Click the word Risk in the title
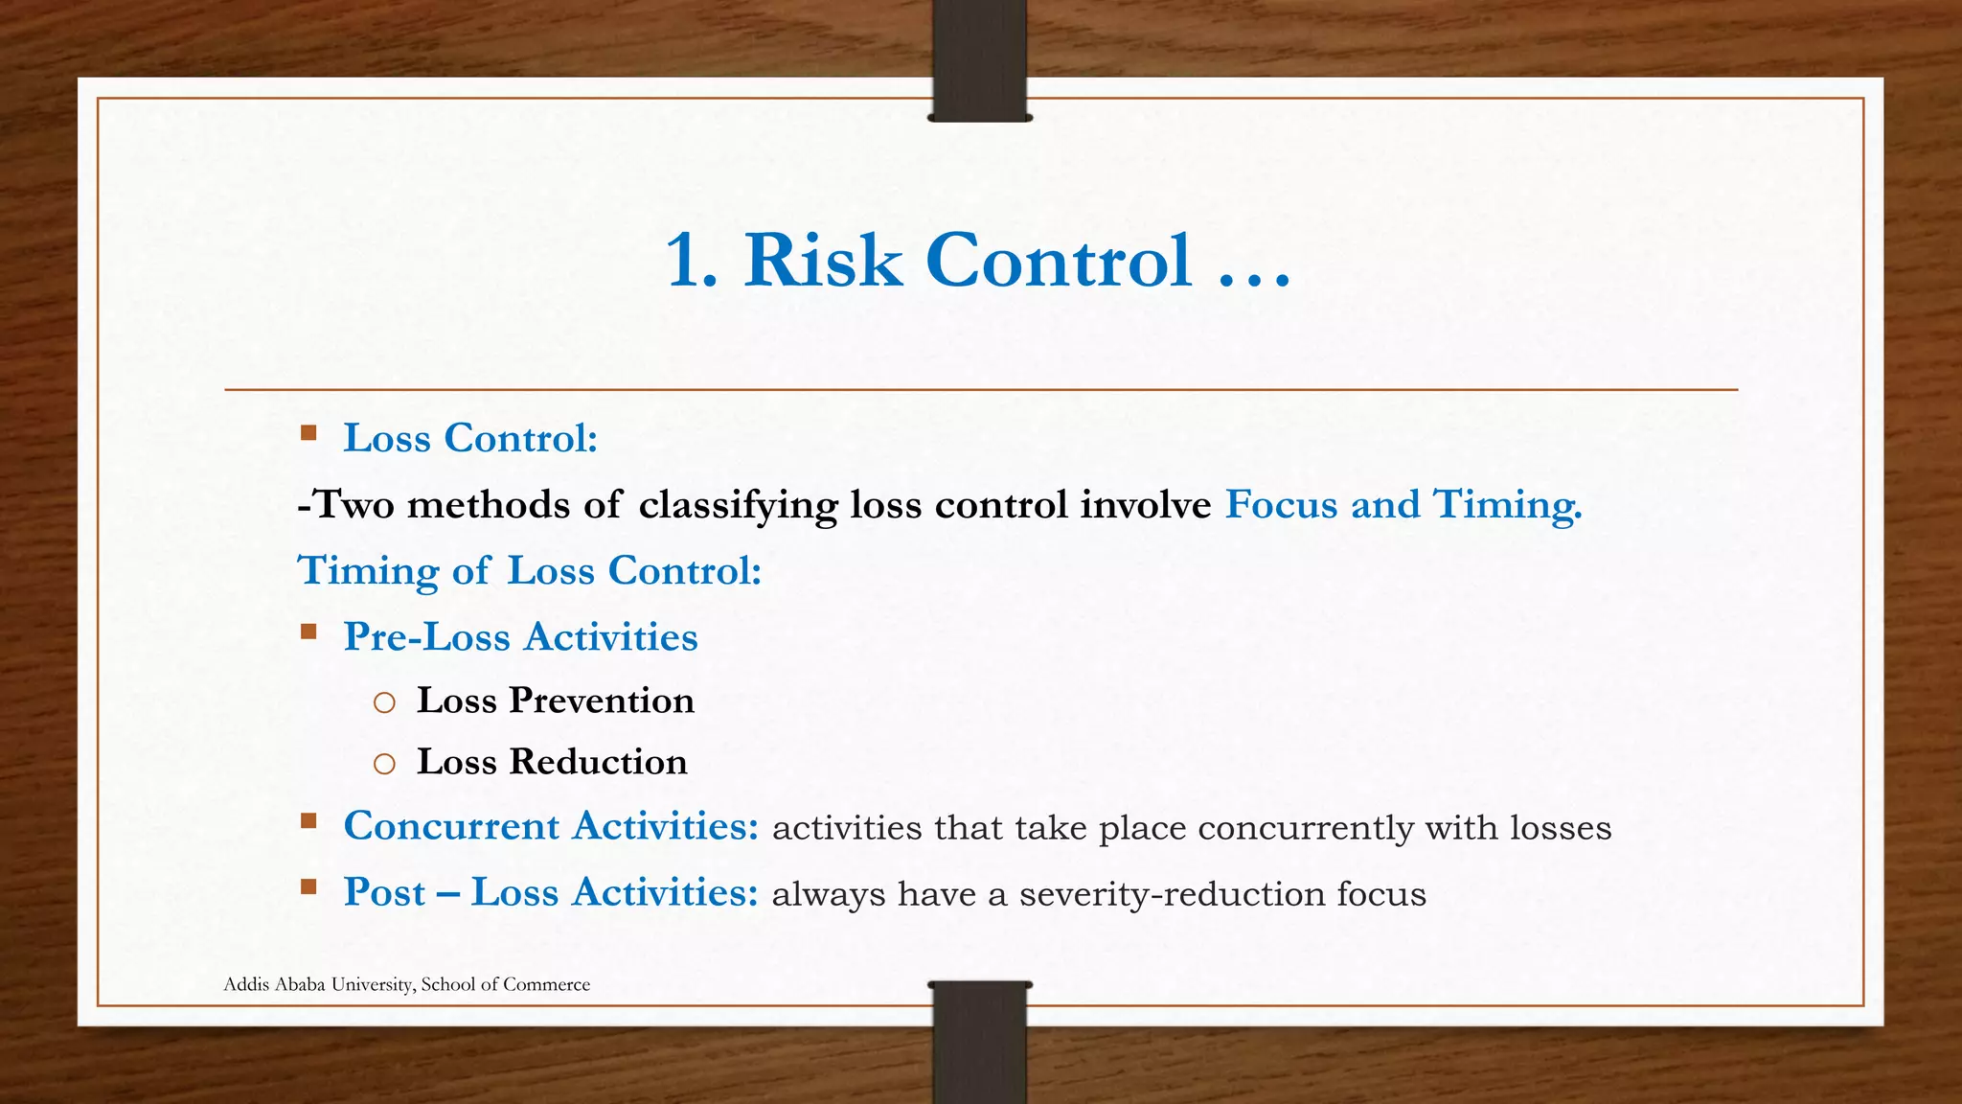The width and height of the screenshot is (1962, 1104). [x=823, y=261]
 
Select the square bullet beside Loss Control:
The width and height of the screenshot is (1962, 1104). [x=308, y=433]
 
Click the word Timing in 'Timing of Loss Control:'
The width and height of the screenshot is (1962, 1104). [x=369, y=571]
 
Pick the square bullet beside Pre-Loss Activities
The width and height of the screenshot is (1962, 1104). [x=308, y=632]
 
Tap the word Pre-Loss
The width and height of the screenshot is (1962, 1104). [x=426, y=637]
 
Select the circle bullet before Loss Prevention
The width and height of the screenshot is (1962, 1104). [x=384, y=703]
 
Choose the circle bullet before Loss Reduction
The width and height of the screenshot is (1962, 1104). [x=384, y=765]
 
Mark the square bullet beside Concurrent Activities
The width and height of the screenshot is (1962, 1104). [x=308, y=821]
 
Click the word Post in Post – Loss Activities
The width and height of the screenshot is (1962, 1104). [x=384, y=893]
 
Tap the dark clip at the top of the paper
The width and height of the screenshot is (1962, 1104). [x=979, y=59]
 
